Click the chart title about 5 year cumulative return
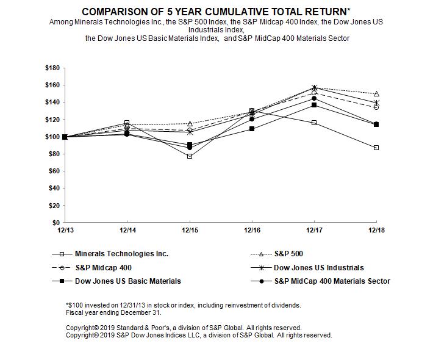216,12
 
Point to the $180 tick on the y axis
53,68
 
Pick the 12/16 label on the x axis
252,230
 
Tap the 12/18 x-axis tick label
376,230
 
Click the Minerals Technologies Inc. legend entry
121,253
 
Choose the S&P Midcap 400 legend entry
103,267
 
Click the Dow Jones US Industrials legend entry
318,267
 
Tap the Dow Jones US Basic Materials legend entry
127,281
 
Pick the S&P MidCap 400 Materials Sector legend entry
332,281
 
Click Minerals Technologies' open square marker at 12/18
376,148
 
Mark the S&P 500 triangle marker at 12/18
376,94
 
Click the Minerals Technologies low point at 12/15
190,156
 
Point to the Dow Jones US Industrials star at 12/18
376,103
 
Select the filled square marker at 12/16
252,129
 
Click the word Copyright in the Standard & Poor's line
82,328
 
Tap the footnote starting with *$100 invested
182,305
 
